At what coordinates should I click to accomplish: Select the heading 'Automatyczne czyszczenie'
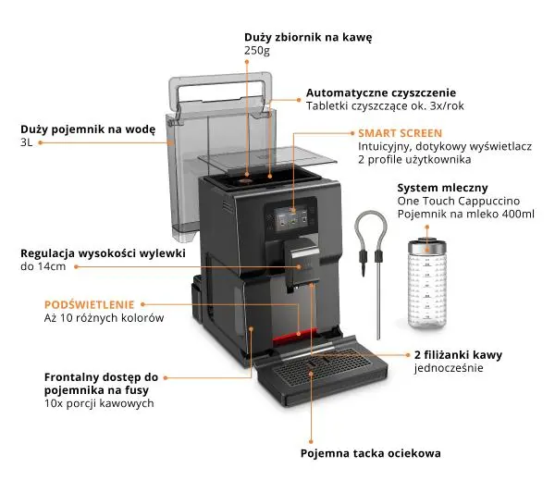[380, 93]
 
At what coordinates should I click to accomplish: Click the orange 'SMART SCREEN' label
[400, 133]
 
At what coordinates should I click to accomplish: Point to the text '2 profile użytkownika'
[415, 160]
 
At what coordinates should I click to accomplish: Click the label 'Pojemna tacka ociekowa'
[370, 453]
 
